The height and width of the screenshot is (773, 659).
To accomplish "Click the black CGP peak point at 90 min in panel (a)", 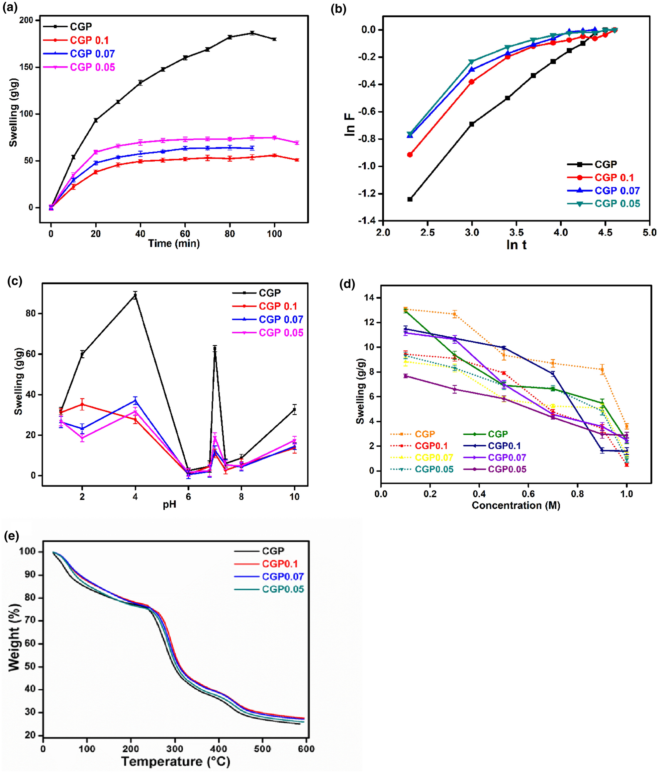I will coord(252,33).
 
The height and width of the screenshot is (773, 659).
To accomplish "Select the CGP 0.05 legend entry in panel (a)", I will coord(92,67).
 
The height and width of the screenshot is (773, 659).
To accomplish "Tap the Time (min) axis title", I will coord(174,244).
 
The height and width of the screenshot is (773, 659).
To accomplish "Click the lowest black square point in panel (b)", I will coord(410,199).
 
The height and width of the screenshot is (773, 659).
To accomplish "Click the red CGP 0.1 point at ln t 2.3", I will coord(410,154).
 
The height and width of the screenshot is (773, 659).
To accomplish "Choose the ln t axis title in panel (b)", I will coord(517,245).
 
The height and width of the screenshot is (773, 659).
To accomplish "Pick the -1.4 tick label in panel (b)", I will coord(367,221).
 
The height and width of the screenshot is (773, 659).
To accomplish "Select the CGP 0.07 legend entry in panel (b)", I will coord(617,191).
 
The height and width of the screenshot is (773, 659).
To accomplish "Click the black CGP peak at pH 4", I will coord(135,296).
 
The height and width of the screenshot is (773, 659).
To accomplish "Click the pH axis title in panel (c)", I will coord(169,505).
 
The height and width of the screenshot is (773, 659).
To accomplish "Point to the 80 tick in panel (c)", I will coord(31,313).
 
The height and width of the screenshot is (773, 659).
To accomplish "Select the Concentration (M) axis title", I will coord(516,505).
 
